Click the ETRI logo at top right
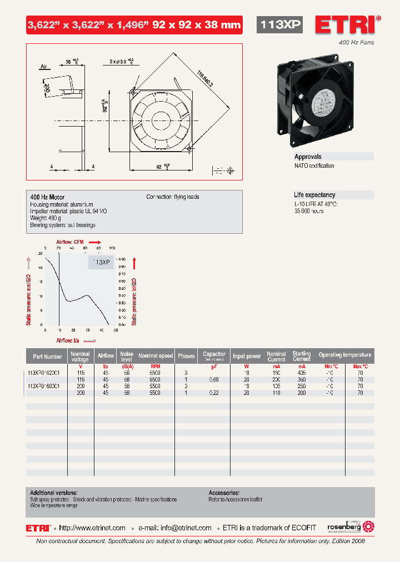348,26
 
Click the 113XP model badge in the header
281,24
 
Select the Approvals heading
308,157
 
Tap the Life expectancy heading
314,195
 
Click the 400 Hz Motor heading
47,197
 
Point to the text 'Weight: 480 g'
46,218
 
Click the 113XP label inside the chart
101,262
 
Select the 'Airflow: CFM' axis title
70,242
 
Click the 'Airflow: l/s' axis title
68,340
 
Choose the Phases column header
186,356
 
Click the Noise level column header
127,356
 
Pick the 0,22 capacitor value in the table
213,393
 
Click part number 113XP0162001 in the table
47,373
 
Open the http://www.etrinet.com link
92,528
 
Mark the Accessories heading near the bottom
224,493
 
